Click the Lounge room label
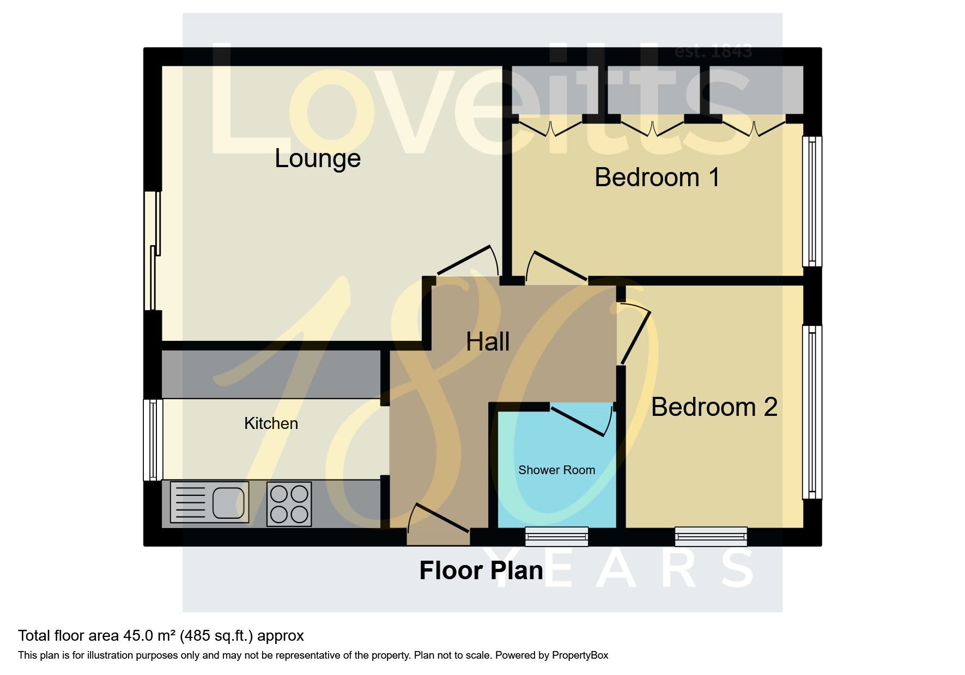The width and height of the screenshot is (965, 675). tap(318, 159)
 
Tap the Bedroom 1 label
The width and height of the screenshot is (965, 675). tap(657, 177)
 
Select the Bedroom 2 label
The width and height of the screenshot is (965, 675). tap(714, 407)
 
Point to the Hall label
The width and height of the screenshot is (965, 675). tap(488, 342)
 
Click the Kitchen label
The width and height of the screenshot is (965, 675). tap(271, 424)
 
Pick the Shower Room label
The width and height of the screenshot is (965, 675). tap(556, 470)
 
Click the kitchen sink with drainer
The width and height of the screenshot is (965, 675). tap(210, 502)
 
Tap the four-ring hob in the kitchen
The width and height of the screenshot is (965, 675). tap(289, 504)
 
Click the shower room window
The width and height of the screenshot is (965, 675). tap(557, 536)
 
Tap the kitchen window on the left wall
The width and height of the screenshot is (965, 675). tap(153, 440)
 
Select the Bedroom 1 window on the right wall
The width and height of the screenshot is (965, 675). tap(812, 201)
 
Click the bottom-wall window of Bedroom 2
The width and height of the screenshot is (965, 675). tap(711, 536)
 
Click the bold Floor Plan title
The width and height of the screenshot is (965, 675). tap(481, 570)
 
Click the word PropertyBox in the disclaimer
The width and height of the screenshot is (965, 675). tap(580, 655)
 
